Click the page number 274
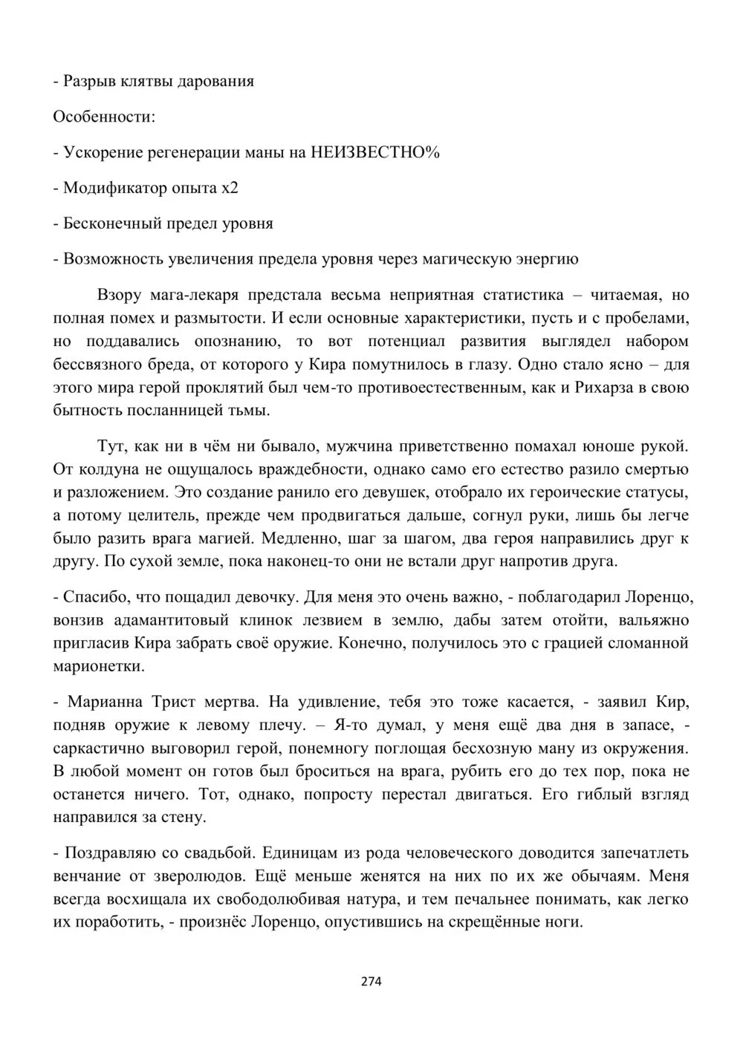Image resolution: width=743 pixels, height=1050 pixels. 371,982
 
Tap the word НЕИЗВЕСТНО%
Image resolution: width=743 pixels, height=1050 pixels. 375,152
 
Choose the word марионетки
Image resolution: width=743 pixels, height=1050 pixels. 98,666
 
